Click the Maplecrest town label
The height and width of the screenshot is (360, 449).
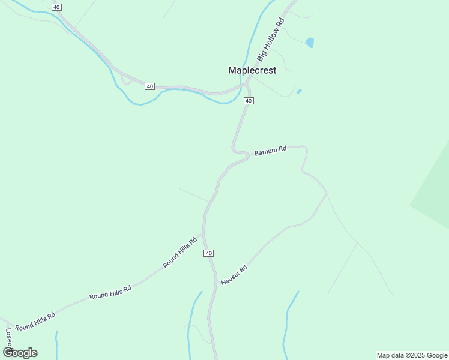click(x=252, y=70)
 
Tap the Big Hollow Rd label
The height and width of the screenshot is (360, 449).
click(x=270, y=39)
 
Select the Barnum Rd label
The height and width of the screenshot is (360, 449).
click(x=270, y=152)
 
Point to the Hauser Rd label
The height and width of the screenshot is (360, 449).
click(x=234, y=275)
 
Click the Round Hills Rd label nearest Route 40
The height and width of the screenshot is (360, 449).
click(x=180, y=253)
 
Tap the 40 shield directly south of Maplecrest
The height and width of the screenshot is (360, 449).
click(x=249, y=101)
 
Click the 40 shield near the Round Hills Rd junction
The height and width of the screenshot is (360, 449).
click(x=208, y=253)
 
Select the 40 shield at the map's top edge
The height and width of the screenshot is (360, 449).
click(x=56, y=7)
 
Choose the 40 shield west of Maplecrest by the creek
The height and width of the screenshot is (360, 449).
click(x=149, y=86)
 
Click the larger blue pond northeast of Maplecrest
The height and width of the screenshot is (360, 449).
click(x=310, y=42)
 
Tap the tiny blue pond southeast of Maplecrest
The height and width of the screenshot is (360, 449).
click(x=299, y=91)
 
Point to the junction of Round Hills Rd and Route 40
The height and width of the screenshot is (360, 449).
click(x=203, y=233)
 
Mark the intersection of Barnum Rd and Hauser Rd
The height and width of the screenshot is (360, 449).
click(x=327, y=193)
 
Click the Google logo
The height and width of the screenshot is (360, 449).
click(x=20, y=353)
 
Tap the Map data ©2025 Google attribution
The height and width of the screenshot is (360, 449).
click(x=412, y=355)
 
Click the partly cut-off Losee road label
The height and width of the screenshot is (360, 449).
click(x=8, y=339)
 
